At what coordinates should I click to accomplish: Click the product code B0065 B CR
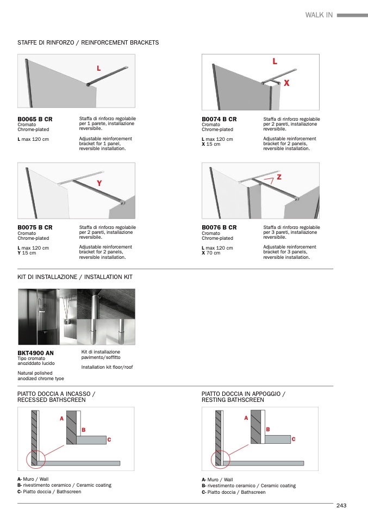pos(35,119)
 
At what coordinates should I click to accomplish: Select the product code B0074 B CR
pos(219,119)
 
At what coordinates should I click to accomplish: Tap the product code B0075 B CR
pos(35,227)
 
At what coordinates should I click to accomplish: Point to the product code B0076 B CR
pos(219,227)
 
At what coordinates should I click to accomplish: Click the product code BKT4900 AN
pos(36,353)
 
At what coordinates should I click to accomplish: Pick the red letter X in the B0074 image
pos(286,83)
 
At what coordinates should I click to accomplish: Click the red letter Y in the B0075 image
pos(99,184)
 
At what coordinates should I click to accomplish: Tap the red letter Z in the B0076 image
pos(279,177)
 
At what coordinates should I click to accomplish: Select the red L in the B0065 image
pos(98,69)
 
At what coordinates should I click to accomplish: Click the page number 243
pos(341,506)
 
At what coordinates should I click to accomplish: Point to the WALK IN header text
pos(319,15)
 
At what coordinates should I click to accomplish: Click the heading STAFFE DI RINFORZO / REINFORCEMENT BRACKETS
pos(88,42)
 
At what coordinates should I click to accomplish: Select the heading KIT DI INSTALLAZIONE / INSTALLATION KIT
pos(75,277)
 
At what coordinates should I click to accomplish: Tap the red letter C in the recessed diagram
pos(109,439)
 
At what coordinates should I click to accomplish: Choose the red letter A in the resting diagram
pos(246,418)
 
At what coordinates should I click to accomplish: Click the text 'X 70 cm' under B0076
pos(211,253)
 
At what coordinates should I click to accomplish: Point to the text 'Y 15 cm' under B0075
pos(27,253)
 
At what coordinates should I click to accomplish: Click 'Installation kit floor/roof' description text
pos(107,367)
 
